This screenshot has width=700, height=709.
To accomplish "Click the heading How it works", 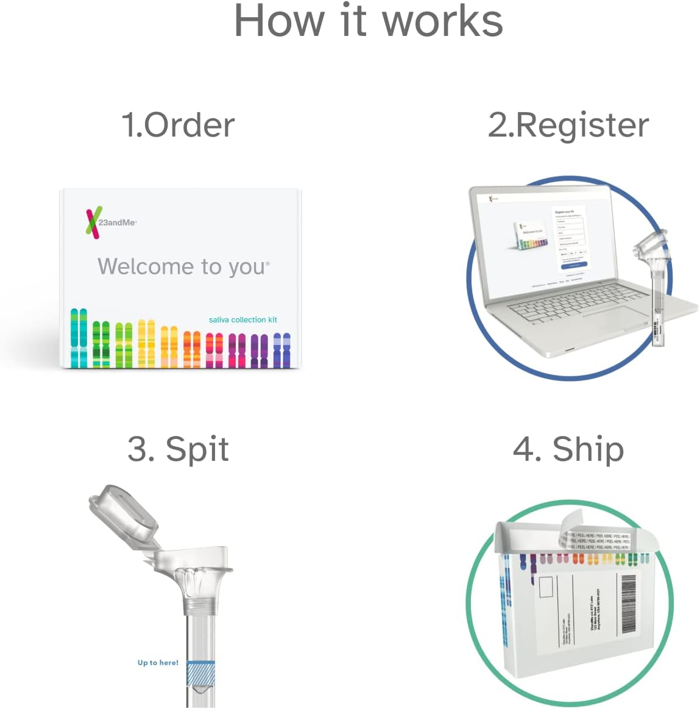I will point(369,21).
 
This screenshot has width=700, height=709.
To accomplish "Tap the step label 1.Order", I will point(178,125).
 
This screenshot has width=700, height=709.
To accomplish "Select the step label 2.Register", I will point(568,125).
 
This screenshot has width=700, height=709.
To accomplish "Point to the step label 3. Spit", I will point(178,449).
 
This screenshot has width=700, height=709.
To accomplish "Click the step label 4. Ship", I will point(568,449).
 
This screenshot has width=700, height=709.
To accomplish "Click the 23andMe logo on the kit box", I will point(110,222).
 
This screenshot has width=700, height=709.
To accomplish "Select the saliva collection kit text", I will point(242,319).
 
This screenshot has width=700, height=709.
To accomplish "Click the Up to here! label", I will point(158,663).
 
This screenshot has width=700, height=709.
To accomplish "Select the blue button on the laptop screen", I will point(573,265).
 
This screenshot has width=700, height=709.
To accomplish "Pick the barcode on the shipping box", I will point(628,604).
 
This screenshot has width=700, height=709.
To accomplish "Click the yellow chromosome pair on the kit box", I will point(146,343).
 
